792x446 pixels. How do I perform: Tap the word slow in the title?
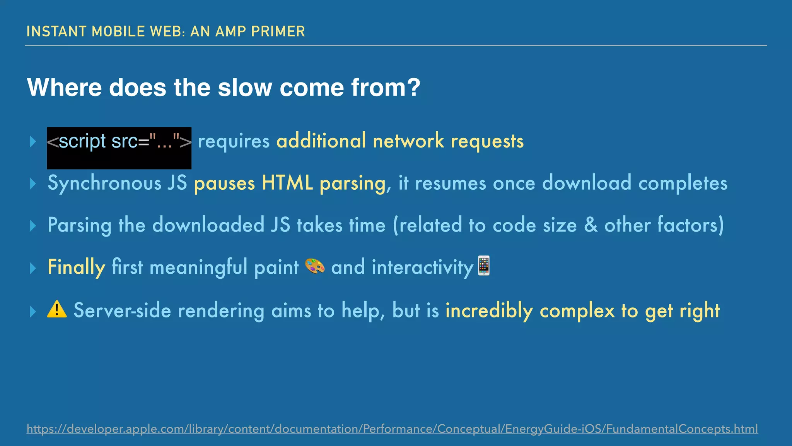pyautogui.click(x=245, y=87)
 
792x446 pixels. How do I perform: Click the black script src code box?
pyautogui.click(x=119, y=148)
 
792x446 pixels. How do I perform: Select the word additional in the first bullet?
pyautogui.click(x=321, y=141)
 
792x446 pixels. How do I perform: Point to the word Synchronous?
pyautogui.click(x=104, y=183)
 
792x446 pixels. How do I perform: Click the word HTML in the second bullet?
pyautogui.click(x=287, y=183)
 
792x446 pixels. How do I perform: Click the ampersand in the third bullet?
pyautogui.click(x=591, y=225)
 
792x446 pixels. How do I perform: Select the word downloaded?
pyautogui.click(x=208, y=225)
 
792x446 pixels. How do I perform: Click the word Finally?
pyautogui.click(x=76, y=267)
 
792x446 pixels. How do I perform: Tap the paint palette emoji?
pyautogui.click(x=315, y=266)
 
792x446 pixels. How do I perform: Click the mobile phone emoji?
pyautogui.click(x=484, y=266)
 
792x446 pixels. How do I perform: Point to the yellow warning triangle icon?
pyautogui.click(x=57, y=309)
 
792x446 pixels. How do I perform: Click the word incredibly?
pyautogui.click(x=489, y=310)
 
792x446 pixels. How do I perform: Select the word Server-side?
pyautogui.click(x=122, y=310)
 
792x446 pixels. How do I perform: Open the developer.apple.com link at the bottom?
pyautogui.click(x=392, y=429)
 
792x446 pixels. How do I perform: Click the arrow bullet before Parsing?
pyautogui.click(x=33, y=225)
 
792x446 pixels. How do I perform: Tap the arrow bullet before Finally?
pyautogui.click(x=33, y=268)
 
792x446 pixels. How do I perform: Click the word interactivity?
pyautogui.click(x=422, y=267)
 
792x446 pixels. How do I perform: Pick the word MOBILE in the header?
pyautogui.click(x=118, y=31)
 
